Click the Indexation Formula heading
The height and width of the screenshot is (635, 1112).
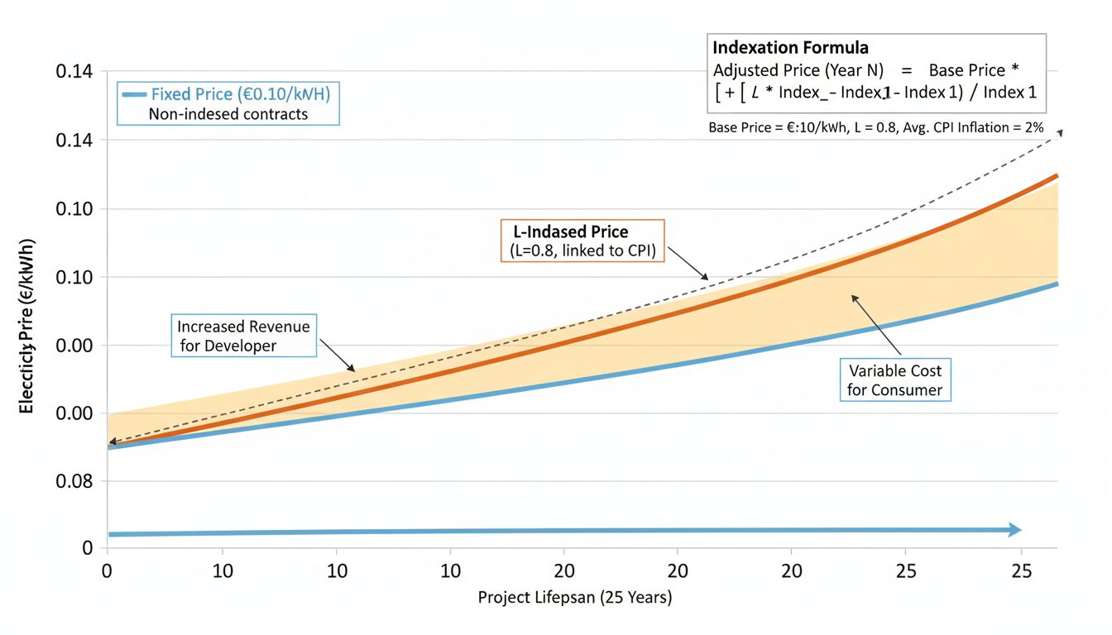pos(790,48)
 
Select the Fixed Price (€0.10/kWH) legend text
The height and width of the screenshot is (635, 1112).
pos(241,94)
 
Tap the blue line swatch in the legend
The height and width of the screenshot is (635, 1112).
pos(134,94)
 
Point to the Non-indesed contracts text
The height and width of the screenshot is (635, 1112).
pos(228,114)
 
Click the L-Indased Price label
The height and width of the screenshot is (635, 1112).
pos(565,232)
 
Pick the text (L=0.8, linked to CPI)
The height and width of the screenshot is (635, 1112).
pos(578,251)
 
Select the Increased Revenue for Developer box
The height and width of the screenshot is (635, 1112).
pos(243,336)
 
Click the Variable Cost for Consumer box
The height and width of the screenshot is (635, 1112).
pos(894,379)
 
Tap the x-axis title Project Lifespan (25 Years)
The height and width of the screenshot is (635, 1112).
pos(575,597)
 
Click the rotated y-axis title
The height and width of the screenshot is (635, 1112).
pos(26,326)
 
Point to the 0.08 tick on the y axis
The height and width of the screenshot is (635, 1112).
pos(74,480)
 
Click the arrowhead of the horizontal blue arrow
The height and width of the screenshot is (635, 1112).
pos(1015,530)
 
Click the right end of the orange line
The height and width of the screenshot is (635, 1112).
pos(1057,175)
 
